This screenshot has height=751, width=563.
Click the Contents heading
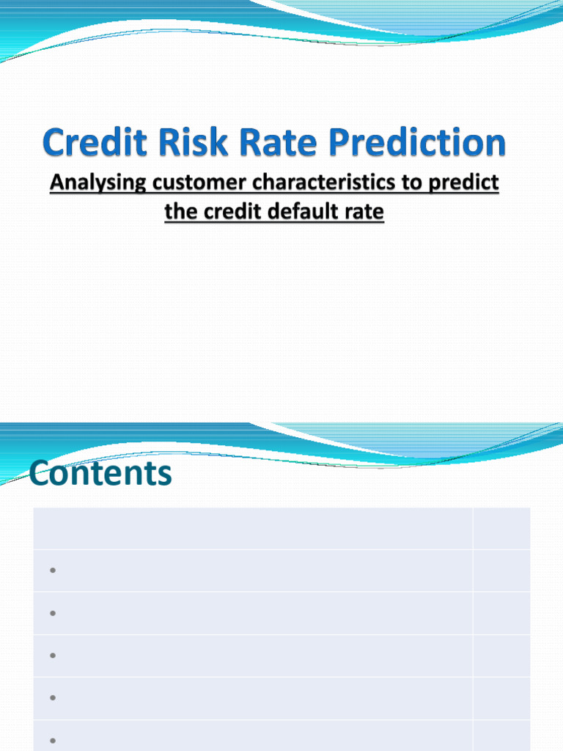[101, 474]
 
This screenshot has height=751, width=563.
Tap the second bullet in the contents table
[54, 613]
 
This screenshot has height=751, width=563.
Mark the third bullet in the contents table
[54, 656]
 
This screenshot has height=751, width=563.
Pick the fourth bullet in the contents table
[54, 698]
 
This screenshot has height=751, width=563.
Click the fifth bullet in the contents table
[54, 740]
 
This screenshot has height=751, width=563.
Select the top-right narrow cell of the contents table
[501, 528]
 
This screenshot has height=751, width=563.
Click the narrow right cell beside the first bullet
[501, 571]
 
